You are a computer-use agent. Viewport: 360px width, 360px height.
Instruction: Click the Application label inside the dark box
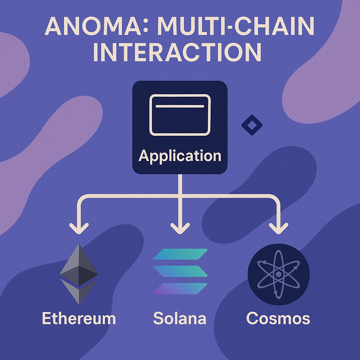tap(180, 155)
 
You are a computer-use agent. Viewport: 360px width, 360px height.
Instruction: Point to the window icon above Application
tap(180, 115)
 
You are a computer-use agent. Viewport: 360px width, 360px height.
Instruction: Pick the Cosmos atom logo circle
tap(278, 273)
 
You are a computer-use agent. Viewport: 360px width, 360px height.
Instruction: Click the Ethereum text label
tap(79, 319)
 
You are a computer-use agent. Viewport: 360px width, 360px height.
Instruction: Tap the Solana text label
tap(180, 319)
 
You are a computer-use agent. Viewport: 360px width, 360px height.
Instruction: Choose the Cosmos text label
tap(278, 319)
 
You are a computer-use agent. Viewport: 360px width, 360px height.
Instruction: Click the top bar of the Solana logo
tap(181, 255)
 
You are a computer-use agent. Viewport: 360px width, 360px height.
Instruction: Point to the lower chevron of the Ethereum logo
tap(79, 291)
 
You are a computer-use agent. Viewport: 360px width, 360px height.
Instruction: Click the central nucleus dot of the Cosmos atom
tap(278, 274)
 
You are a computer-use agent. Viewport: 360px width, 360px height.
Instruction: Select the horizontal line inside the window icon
tap(180, 106)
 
